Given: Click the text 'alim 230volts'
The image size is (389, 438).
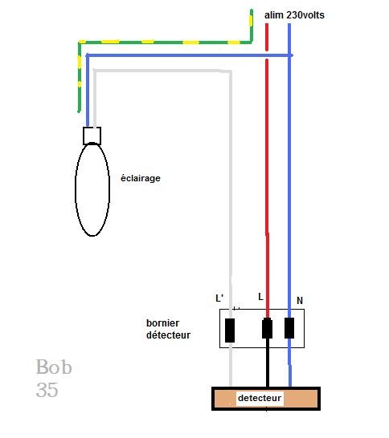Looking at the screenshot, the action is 294,15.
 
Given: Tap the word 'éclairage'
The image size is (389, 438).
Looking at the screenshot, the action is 141,178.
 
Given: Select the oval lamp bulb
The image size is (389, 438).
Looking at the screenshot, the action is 92,189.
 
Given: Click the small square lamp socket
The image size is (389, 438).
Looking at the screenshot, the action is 92,136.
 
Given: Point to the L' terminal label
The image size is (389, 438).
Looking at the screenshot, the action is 219,298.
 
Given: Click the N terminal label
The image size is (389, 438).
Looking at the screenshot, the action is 300,301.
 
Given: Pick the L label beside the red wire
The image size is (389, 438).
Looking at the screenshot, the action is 260,297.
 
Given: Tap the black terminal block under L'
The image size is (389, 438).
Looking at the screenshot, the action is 230,331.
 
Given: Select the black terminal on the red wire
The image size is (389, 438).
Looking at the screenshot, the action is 267,329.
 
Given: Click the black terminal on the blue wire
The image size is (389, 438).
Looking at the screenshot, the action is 289,328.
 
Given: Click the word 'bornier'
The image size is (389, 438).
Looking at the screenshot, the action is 163,323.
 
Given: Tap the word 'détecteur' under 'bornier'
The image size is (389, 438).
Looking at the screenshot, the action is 169,335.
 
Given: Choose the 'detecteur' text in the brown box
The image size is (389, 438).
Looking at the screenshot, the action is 260,398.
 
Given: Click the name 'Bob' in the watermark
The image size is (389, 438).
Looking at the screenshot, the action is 54,367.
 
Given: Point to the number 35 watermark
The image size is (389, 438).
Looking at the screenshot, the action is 47,390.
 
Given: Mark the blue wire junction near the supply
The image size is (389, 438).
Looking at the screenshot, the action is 289,55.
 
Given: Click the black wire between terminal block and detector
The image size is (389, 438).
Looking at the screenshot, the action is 268,363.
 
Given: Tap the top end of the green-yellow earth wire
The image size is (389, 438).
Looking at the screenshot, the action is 252,10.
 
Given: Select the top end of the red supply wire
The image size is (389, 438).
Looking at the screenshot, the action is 267,25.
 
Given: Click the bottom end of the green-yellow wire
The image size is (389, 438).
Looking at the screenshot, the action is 80,112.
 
